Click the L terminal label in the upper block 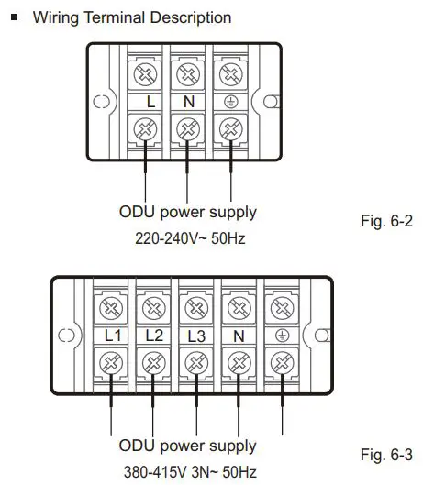click(150, 102)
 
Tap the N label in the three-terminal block click(188, 102)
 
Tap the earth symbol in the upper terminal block click(227, 102)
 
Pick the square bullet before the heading click(14, 17)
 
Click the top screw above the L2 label click(154, 305)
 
